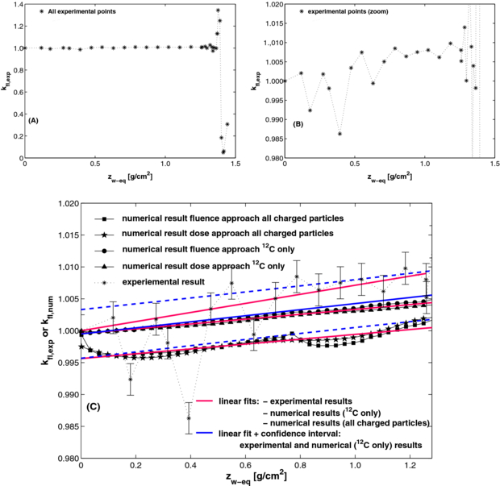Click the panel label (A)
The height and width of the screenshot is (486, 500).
33,119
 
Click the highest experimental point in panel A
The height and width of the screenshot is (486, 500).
218,10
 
